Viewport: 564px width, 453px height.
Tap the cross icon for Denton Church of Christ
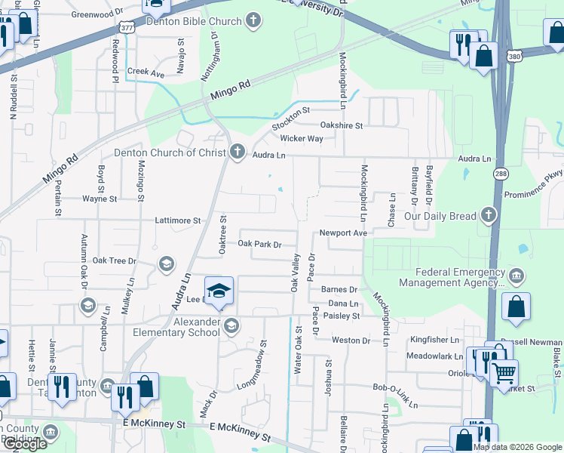[238, 153]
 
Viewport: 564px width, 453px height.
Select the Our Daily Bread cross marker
[489, 216]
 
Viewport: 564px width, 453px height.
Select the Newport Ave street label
[342, 233]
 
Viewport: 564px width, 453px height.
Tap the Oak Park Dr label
[259, 244]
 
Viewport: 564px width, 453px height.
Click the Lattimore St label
[176, 220]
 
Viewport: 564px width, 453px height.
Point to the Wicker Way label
[302, 139]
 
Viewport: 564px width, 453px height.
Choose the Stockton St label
[290, 115]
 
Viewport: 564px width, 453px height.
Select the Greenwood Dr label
[97, 14]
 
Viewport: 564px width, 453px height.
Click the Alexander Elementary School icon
[231, 325]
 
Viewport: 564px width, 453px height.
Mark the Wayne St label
[100, 199]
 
